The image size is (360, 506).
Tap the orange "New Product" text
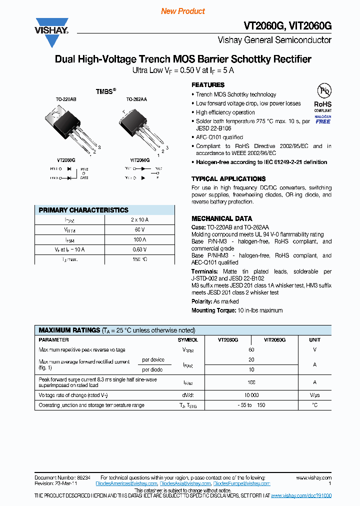(183, 11)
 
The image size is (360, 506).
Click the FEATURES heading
(208, 85)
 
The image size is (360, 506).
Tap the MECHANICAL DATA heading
(221, 218)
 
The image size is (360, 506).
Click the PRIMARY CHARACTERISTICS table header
(83, 210)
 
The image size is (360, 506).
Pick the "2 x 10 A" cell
(139, 220)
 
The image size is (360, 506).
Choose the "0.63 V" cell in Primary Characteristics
(139, 249)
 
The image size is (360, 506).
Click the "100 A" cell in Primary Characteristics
(139, 239)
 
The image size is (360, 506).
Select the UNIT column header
(314, 339)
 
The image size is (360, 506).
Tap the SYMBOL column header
(187, 339)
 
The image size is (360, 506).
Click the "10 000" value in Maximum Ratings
(251, 394)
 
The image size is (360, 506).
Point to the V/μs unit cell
(314, 394)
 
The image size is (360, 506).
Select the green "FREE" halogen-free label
(323, 121)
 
